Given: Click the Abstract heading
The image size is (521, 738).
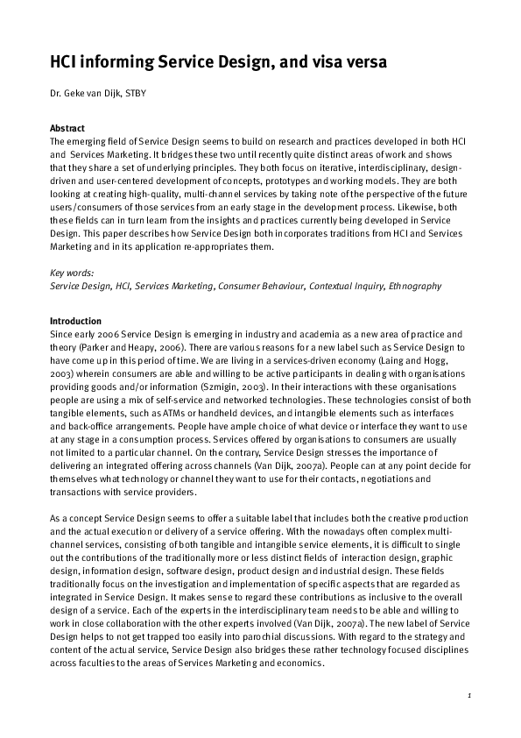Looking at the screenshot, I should tap(67, 128).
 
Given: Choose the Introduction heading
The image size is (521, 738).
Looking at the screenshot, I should tap(75, 321).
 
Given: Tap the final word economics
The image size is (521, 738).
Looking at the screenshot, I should tap(299, 662).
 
